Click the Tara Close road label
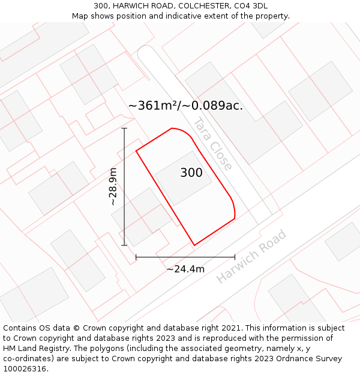coord(212,143)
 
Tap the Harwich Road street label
coord(251,256)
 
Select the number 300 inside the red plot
coord(191,173)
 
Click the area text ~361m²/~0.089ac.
coord(185,106)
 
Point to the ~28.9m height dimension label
coord(113,187)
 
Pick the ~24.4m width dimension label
coord(185,269)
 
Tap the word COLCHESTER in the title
coord(187,6)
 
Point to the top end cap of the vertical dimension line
coord(124,128)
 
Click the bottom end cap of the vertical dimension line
coord(124,245)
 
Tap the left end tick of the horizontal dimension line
coord(136,257)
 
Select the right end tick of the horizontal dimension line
coord(235,257)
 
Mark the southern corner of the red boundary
coord(194,245)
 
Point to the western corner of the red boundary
coord(136,151)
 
